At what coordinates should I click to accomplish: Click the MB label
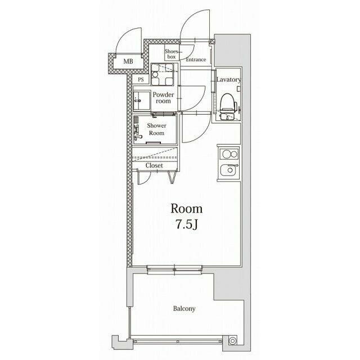click(128, 61)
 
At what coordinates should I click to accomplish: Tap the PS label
click(141, 80)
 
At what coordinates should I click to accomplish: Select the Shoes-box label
click(171, 54)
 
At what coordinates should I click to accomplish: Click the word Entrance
click(196, 60)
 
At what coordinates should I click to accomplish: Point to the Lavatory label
click(229, 80)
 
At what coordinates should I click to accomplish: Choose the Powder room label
click(163, 98)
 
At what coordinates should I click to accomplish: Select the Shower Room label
click(156, 129)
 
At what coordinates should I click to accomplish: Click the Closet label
click(154, 165)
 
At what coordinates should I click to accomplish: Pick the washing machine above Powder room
click(163, 74)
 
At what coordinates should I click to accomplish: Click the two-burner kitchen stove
click(229, 154)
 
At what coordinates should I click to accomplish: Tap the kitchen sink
click(229, 170)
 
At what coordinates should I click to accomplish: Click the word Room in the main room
click(186, 209)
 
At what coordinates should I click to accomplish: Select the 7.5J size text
click(187, 224)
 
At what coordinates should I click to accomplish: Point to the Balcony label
click(184, 309)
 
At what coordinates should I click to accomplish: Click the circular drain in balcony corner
click(232, 341)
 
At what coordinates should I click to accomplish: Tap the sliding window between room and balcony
click(174, 269)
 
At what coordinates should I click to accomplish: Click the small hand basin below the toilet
click(227, 118)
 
